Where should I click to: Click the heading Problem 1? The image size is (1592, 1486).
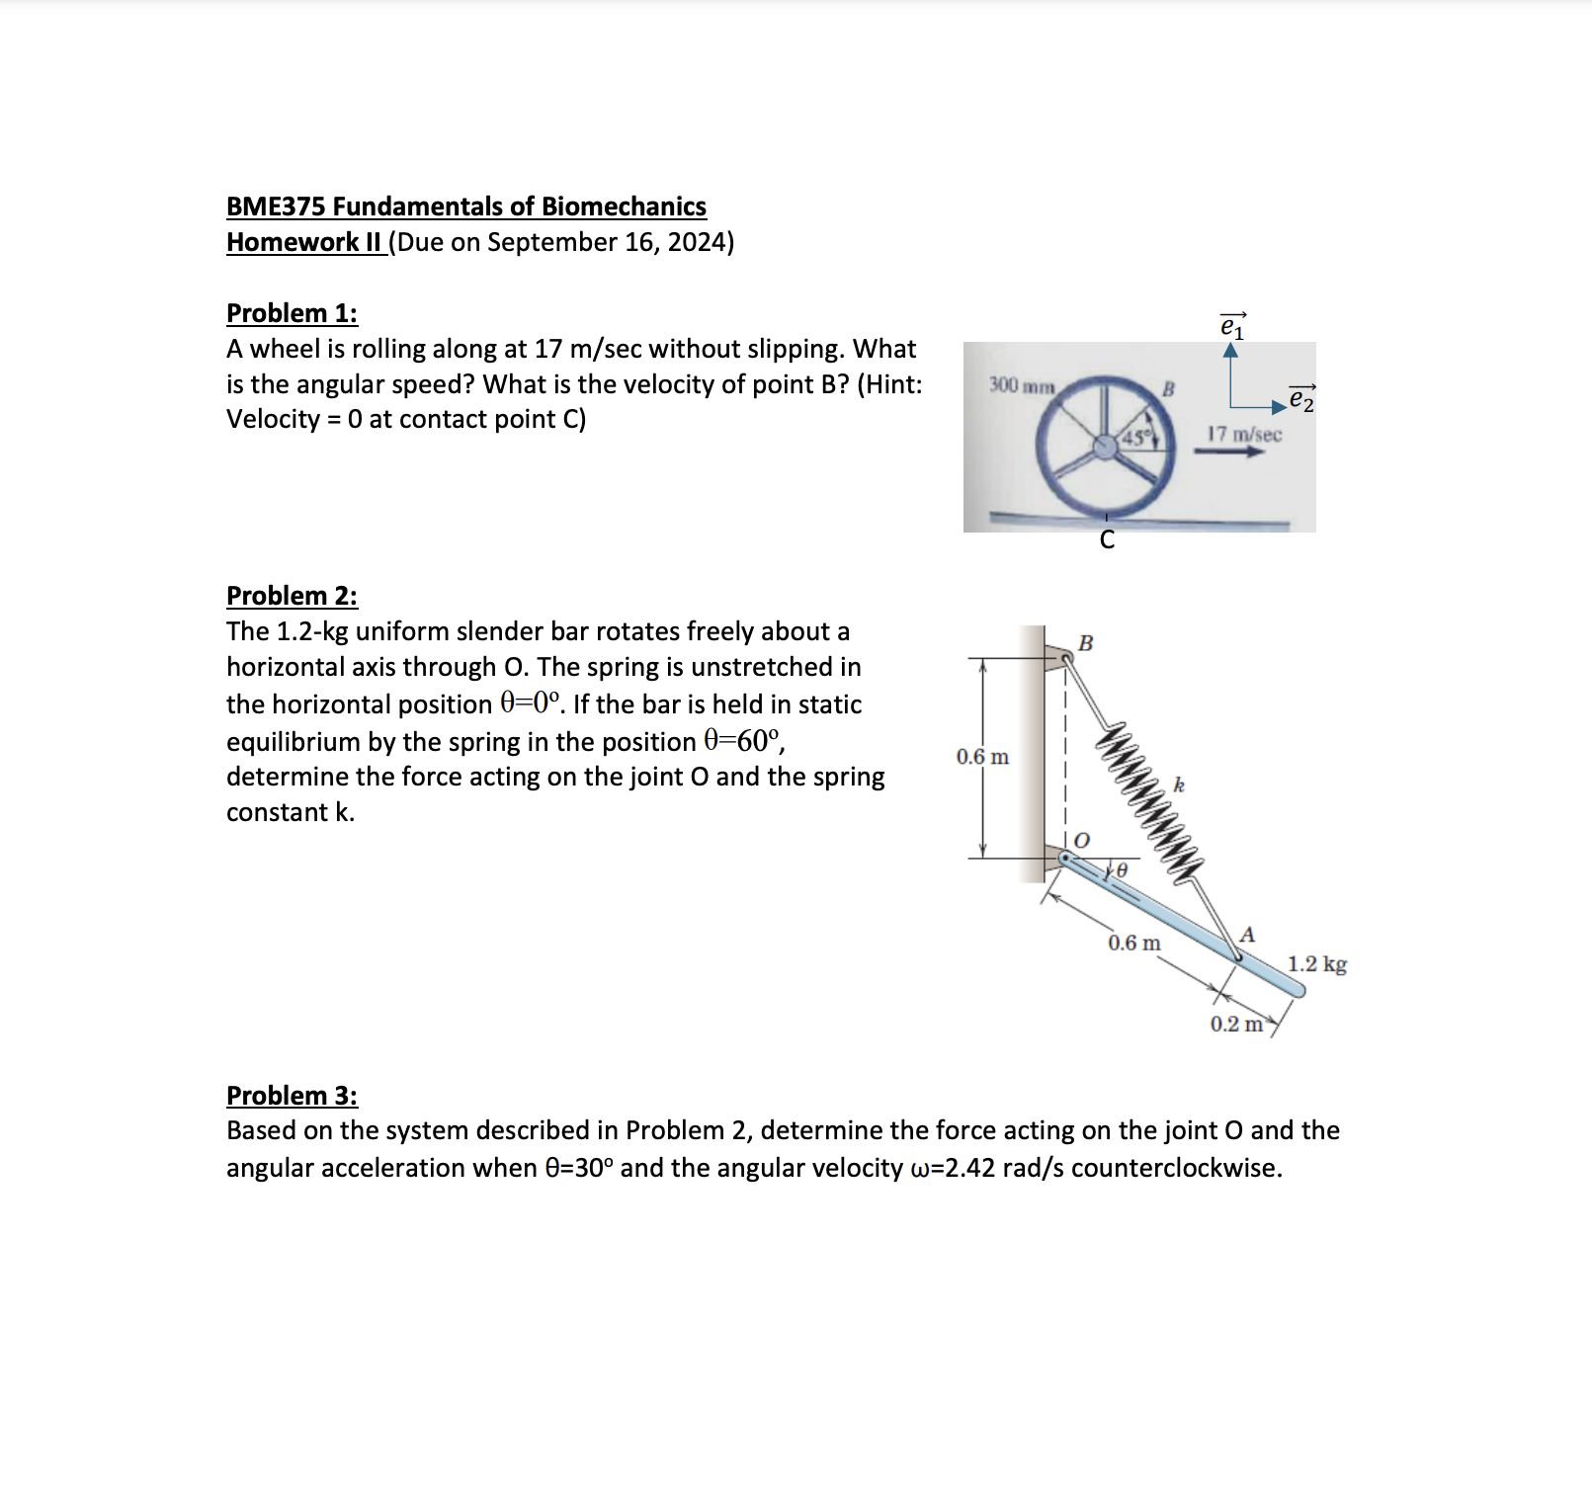292,313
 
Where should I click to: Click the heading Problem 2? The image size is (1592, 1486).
292,596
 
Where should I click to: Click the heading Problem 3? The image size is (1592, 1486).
292,1096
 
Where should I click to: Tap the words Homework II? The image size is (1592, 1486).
304,242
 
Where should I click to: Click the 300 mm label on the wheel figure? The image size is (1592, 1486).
1022,385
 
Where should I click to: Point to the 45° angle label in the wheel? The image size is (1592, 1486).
1136,437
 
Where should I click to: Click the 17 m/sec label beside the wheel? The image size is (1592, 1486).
1244,434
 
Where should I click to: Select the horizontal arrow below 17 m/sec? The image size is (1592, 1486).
1229,452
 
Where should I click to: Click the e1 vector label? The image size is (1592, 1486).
1232,325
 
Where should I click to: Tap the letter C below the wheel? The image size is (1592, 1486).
1107,539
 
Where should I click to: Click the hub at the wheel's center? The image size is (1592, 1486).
1106,447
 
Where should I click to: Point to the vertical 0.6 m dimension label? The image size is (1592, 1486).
982,757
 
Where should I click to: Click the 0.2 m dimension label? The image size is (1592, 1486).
1236,1024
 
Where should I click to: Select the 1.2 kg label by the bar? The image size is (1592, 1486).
1316,963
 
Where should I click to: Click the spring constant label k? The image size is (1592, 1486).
1179,785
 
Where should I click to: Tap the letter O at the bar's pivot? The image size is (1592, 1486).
1082,840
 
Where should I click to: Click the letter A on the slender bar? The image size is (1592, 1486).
1247,935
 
